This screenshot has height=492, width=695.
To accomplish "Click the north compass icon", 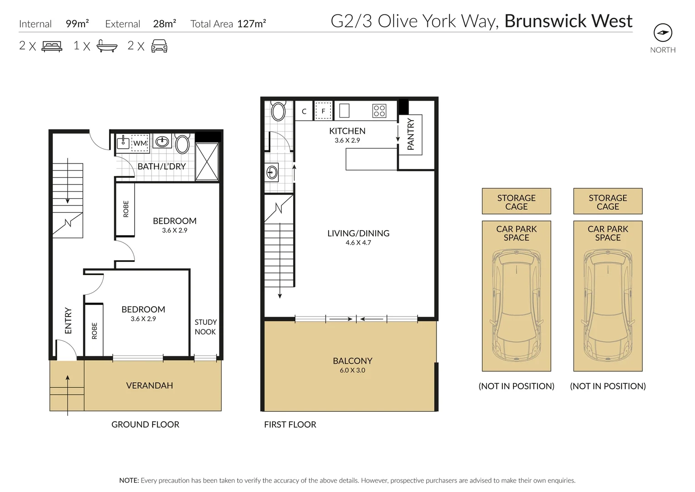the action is point(663,32).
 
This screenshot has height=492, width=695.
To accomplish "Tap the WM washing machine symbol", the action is point(140,143).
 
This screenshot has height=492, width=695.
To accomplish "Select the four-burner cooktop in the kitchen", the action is point(379,111).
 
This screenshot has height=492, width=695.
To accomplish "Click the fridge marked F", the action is point(323,110).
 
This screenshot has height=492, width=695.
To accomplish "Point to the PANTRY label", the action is point(411,134).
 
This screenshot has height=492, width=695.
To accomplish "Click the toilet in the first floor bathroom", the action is point(278,111).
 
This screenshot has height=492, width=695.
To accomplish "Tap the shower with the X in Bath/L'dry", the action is point(207,162).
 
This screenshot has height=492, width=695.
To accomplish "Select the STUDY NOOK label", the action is point(205,327).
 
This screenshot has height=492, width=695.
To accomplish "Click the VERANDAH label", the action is point(149,385).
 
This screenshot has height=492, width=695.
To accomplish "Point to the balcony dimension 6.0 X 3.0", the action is point(352,370).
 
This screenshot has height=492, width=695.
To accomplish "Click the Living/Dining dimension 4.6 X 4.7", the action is point(358,242).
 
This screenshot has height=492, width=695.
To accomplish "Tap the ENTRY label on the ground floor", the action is point(68,321).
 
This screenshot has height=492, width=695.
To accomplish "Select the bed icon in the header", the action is point(52,46).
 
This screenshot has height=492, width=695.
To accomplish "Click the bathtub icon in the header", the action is point(107,46).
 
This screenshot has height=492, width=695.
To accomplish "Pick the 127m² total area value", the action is point(252,23).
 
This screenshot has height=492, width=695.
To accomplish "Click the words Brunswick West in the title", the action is point(568,21).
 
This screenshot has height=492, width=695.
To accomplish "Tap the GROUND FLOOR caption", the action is point(145,424).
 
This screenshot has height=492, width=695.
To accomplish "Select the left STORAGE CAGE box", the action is point(516,201).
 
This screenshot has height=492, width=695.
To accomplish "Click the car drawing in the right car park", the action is point(608,305).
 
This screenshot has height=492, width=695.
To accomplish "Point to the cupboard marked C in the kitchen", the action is point(304,111).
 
